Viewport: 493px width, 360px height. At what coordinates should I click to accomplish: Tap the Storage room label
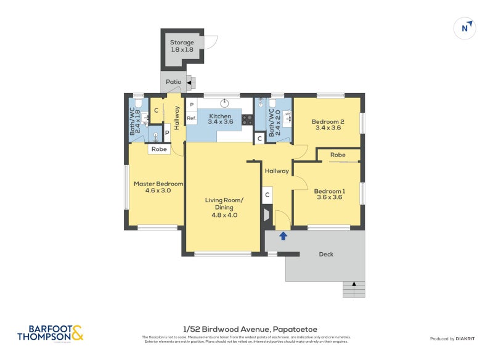pyautogui.click(x=182, y=46)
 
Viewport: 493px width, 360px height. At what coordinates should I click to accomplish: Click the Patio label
pyautogui.click(x=173, y=81)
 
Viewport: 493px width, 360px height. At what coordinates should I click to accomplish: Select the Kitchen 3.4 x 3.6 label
pyautogui.click(x=220, y=119)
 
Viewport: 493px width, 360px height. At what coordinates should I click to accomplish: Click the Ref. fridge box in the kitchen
pyautogui.click(x=192, y=118)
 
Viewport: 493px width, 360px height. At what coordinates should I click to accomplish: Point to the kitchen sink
pyautogui.click(x=225, y=103)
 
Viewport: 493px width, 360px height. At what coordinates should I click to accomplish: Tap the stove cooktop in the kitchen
pyautogui.click(x=247, y=120)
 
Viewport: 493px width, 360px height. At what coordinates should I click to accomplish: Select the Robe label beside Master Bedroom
pyautogui.click(x=158, y=149)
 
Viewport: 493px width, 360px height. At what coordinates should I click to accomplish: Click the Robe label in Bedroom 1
pyautogui.click(x=337, y=155)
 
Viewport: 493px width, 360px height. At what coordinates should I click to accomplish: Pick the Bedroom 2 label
pyautogui.click(x=328, y=125)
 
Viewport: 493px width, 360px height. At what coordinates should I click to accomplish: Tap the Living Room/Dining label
pyautogui.click(x=224, y=207)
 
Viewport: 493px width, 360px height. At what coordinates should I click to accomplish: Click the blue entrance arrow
pyautogui.click(x=283, y=235)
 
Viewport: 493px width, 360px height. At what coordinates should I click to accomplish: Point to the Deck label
pyautogui.click(x=326, y=254)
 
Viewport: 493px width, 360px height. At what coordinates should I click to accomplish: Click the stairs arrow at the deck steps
pyautogui.click(x=354, y=284)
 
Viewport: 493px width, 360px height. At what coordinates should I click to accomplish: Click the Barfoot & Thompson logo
pyautogui.click(x=50, y=333)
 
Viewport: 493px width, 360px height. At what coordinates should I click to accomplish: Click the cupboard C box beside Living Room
pyautogui.click(x=267, y=195)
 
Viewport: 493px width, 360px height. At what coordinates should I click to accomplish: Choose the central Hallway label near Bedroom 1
pyautogui.click(x=277, y=171)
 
